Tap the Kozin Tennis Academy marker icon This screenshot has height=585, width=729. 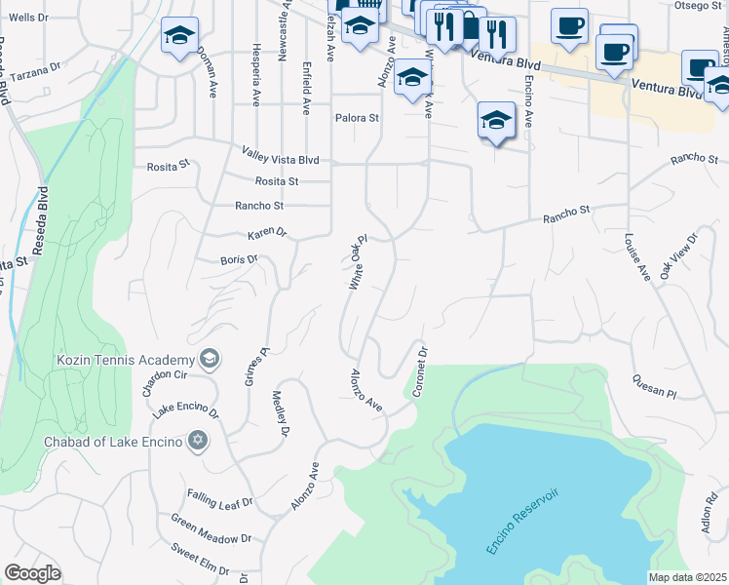tap(209, 360)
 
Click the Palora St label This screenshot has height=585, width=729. tap(356, 118)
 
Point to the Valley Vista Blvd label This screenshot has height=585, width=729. tap(281, 152)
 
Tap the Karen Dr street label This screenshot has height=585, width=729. tap(267, 233)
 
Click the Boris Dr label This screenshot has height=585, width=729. tap(239, 260)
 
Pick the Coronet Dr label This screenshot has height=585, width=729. tap(421, 371)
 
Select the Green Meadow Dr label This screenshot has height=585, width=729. tap(211, 529)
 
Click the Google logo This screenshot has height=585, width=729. tap(32, 573)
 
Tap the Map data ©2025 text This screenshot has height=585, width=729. tap(687, 577)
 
